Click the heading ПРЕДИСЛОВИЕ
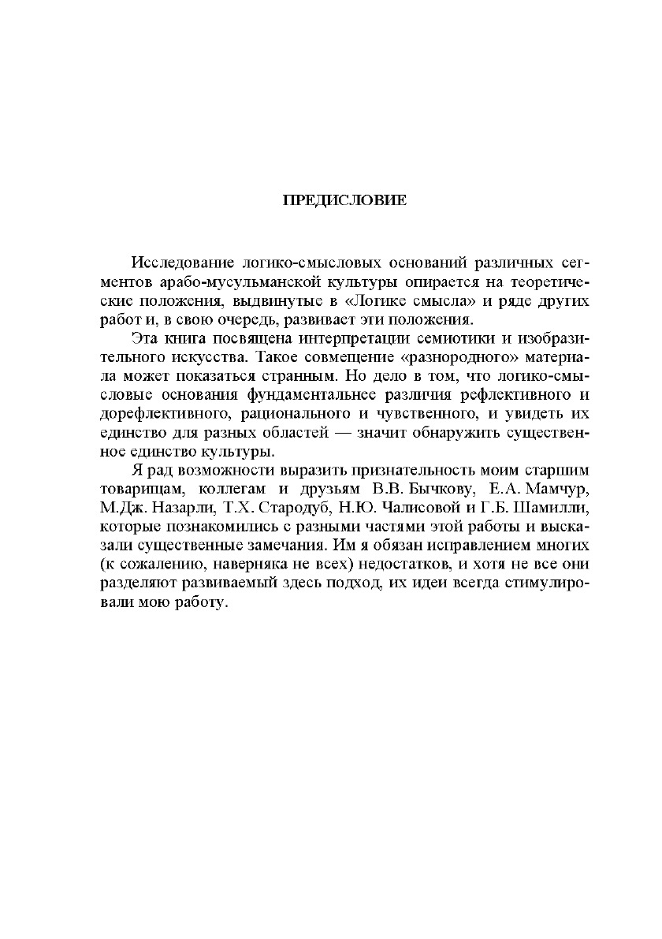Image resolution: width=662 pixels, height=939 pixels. pyautogui.click(x=344, y=200)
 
